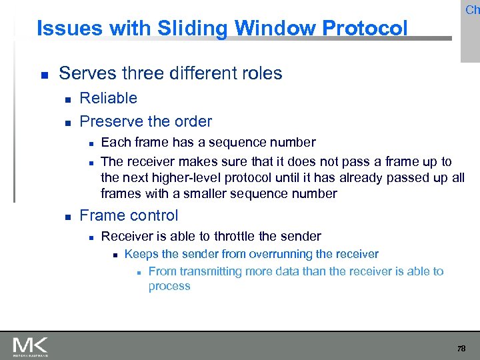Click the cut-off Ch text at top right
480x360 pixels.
point(472,9)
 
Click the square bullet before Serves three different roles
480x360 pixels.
point(44,74)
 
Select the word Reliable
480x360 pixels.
point(108,98)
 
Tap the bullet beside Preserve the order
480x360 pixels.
point(67,122)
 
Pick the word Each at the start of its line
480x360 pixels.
point(115,142)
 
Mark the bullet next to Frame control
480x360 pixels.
point(67,216)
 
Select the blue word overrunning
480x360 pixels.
point(279,254)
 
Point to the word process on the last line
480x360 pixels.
point(169,286)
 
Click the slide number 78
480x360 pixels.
point(461,348)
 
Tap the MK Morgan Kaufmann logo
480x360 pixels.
point(30,346)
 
